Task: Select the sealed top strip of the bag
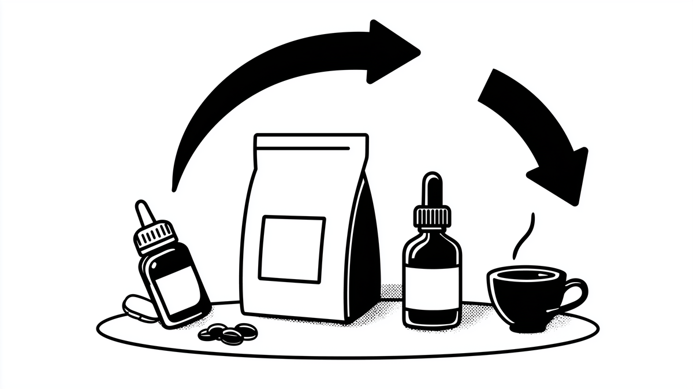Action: pyautogui.click(x=311, y=141)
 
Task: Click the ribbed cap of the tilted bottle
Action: pyautogui.click(x=154, y=236)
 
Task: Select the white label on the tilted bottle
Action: pyautogui.click(x=176, y=283)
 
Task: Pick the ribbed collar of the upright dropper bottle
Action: pyautogui.click(x=433, y=218)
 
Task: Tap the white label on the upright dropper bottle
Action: pyautogui.click(x=433, y=287)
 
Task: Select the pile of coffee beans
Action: pyautogui.click(x=228, y=332)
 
